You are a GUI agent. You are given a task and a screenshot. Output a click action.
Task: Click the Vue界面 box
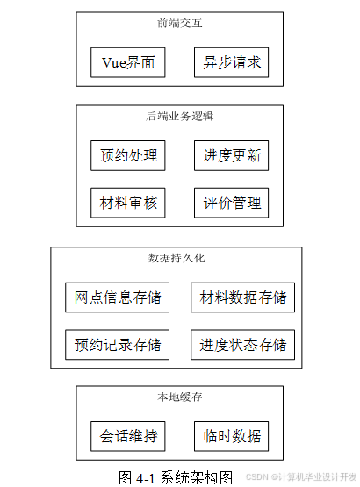[x=128, y=62]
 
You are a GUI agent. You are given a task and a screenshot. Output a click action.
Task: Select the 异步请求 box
[x=231, y=62]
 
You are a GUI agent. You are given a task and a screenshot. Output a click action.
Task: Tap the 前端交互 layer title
[x=180, y=24]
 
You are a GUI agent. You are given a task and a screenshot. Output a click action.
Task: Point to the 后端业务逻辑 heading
[x=180, y=116]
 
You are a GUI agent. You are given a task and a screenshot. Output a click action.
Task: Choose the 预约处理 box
[x=128, y=155]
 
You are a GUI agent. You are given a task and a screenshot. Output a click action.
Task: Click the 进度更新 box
[x=231, y=155]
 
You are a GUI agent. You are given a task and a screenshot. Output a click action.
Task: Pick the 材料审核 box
[x=128, y=203]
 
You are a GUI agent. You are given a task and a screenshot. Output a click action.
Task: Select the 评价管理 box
[x=231, y=203]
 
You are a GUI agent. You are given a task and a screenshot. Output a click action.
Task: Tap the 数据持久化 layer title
[x=176, y=258]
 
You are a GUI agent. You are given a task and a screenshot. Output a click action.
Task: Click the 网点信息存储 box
[x=117, y=297]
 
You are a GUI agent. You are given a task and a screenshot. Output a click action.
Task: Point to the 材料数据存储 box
[x=243, y=297]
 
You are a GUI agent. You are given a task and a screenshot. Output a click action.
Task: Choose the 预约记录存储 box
[x=117, y=345]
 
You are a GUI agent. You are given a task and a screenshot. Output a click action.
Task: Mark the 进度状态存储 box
[x=243, y=345]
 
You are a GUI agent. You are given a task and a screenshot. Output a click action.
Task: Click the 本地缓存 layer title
[x=180, y=397]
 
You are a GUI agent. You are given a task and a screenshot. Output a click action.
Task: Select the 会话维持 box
[x=128, y=436]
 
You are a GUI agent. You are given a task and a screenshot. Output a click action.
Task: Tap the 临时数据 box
[x=231, y=436]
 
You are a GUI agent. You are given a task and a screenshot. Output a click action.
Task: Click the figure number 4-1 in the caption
[x=146, y=478]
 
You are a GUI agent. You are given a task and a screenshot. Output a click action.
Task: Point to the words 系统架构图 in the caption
[x=197, y=477]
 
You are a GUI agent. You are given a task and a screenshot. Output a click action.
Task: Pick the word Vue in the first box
[x=114, y=62]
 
